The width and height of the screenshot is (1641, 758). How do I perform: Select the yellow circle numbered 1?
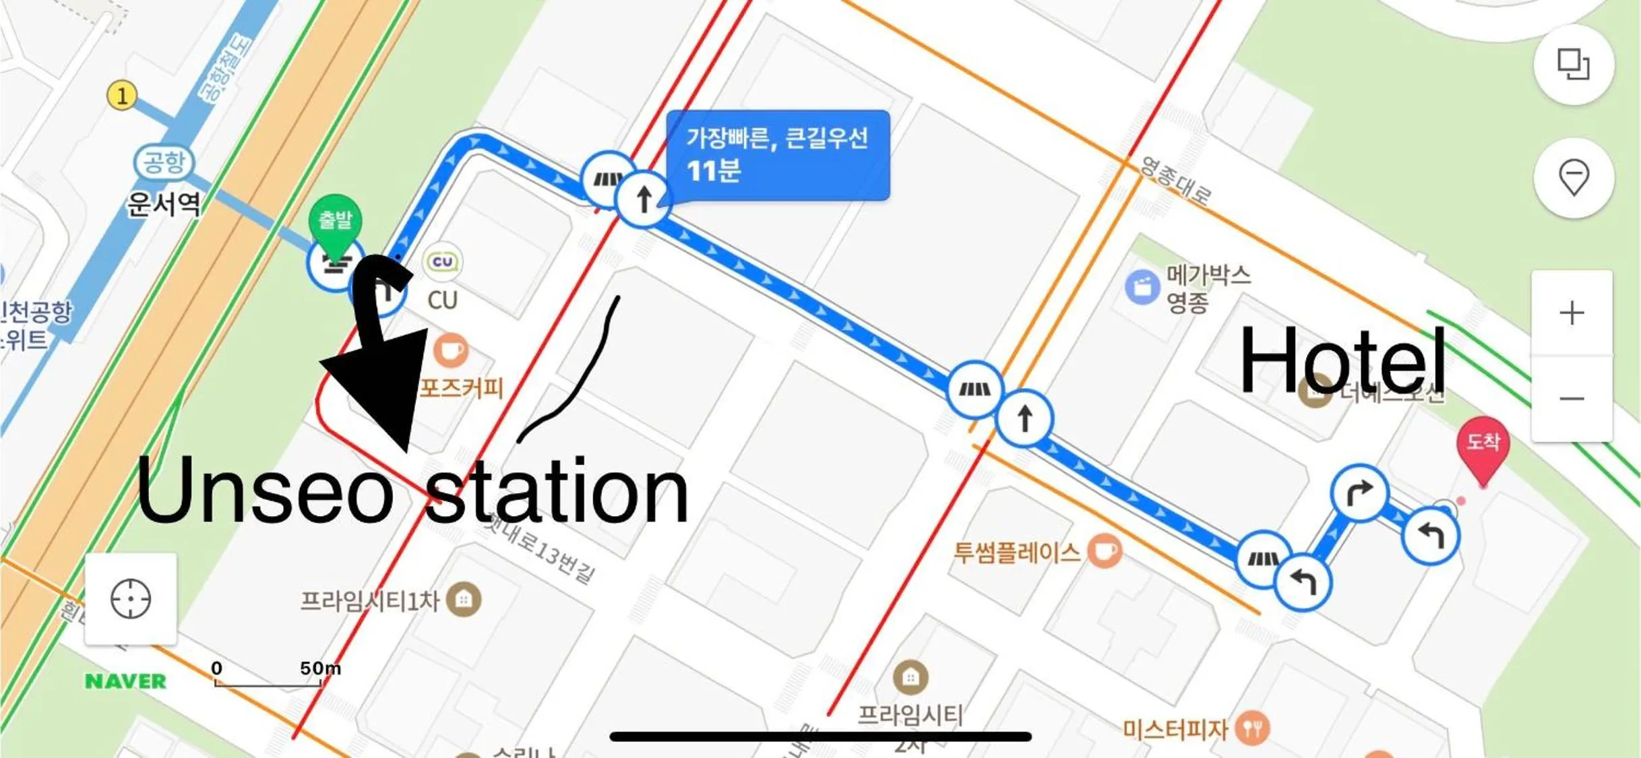[x=122, y=96]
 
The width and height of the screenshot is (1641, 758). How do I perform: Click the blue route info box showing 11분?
[x=778, y=155]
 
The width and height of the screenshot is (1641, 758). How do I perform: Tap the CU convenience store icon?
[x=442, y=261]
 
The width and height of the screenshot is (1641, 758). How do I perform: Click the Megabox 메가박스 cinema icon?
[x=1142, y=287]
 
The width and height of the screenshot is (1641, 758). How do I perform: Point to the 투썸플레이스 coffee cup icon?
[x=1104, y=551]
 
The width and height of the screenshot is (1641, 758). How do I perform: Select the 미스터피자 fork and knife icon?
[x=1252, y=728]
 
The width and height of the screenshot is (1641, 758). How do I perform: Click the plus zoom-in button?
[x=1572, y=313]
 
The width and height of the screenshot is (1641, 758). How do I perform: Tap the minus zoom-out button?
[x=1572, y=399]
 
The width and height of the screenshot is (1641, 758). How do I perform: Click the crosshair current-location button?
[x=131, y=599]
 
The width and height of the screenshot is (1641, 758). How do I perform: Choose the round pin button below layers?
[x=1574, y=178]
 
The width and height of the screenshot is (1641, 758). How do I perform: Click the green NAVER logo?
[x=125, y=681]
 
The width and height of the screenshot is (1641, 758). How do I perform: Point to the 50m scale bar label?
[x=320, y=668]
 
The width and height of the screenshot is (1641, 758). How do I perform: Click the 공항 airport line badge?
[x=164, y=162]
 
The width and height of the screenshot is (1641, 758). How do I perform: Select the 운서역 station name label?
[x=164, y=203]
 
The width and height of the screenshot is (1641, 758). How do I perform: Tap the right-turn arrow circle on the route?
[x=1359, y=493]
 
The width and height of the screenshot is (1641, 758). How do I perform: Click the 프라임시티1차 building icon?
[x=464, y=598]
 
